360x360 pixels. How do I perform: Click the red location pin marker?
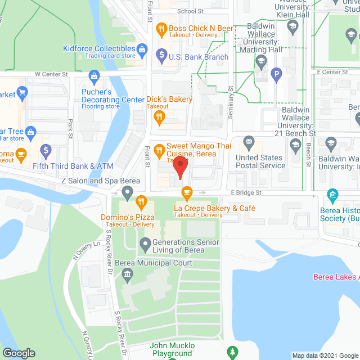coord(179,167)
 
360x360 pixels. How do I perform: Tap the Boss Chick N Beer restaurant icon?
coord(161,28)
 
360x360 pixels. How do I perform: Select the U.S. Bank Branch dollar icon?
coord(161,55)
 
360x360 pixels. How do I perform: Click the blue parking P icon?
coord(276,73)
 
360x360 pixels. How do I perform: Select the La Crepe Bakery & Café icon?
coord(187,193)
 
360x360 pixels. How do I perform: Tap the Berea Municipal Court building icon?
coord(128,274)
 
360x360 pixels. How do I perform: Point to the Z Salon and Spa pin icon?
coord(128,194)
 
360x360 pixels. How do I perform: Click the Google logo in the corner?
coord(18,353)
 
